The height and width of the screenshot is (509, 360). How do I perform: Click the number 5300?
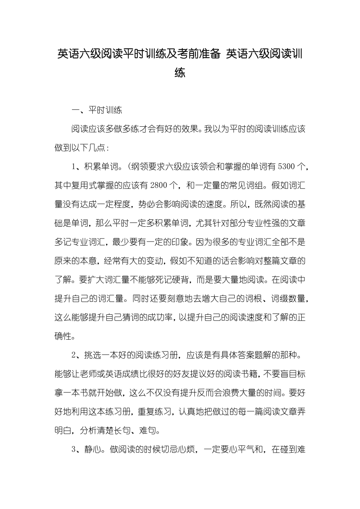pos(286,167)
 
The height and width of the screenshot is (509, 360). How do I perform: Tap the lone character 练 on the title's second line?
pos(180,72)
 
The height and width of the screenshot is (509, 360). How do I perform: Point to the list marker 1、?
pos(76,167)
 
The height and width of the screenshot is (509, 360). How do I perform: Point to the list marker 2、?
pos(76,355)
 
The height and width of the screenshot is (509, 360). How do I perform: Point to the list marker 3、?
pos(76,449)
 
